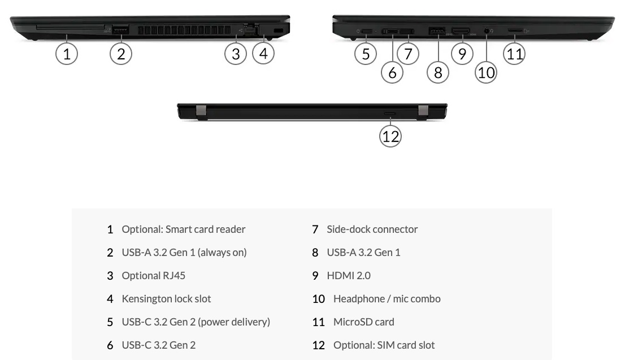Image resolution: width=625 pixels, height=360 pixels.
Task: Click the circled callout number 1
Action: [x=67, y=54]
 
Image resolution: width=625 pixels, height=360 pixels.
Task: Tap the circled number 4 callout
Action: [x=263, y=54]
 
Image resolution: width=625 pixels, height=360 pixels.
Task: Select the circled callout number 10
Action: [x=486, y=72]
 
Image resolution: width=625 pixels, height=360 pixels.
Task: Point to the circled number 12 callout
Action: [x=390, y=136]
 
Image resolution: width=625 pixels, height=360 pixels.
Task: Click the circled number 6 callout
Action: [x=392, y=72]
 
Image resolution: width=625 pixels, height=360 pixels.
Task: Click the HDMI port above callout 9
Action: [x=462, y=30]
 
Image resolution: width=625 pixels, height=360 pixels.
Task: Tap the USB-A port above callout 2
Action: [x=120, y=29]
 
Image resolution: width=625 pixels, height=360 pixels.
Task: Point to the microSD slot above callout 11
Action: [x=514, y=31]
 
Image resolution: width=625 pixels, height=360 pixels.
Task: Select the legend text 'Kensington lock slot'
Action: [x=166, y=299]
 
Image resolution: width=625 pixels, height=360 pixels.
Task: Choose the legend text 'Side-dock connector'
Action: [x=372, y=229]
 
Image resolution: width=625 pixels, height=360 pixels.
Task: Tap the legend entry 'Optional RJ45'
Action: [x=153, y=276]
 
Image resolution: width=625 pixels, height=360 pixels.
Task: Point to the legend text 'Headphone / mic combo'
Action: [x=387, y=299]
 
